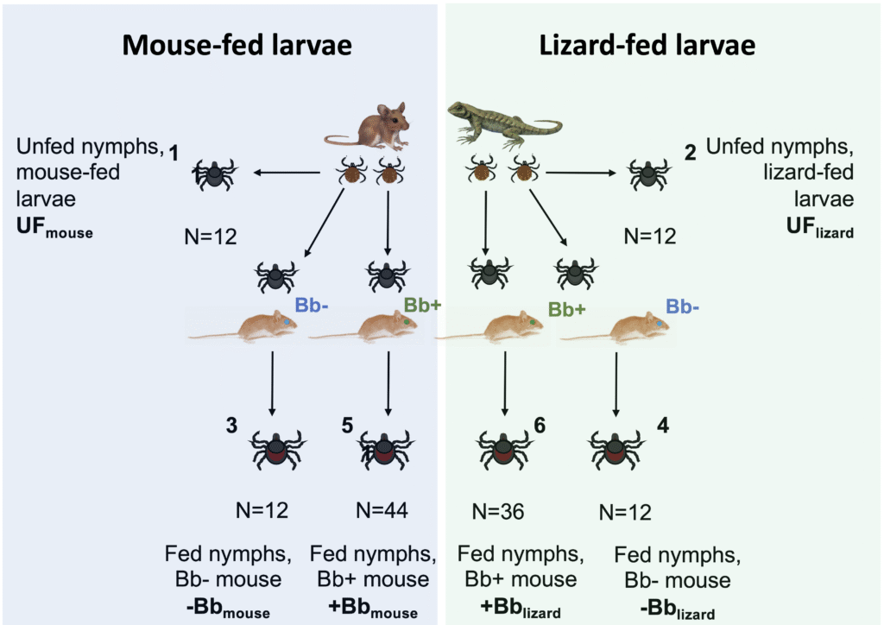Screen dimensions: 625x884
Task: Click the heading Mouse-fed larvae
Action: pos(237,44)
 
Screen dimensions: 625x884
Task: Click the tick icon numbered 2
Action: pos(647,174)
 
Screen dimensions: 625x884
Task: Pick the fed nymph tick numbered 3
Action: pos(276,450)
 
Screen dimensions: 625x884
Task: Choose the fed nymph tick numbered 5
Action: pos(385,450)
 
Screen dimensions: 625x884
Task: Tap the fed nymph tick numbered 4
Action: pos(616,450)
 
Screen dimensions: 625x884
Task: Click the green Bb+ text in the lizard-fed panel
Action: pos(567,309)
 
